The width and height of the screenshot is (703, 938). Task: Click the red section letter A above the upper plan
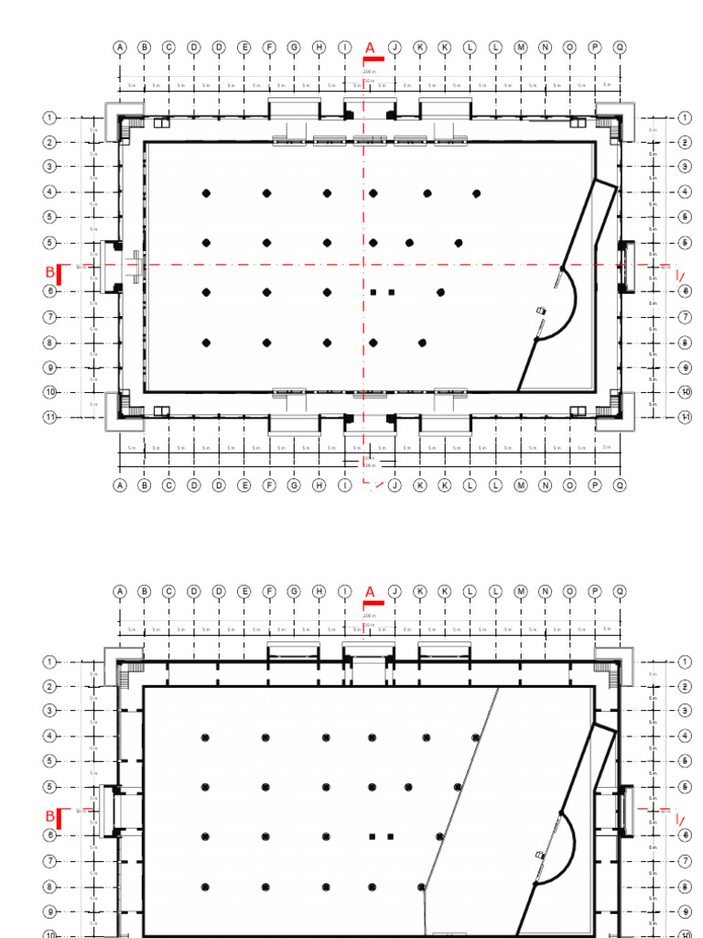pos(370,47)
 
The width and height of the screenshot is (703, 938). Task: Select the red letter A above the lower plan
pos(370,592)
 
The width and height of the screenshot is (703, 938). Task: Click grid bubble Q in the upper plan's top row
pos(620,47)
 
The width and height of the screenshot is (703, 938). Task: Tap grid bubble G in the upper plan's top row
pos(294,47)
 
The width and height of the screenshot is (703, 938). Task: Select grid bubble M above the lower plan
pos(520,592)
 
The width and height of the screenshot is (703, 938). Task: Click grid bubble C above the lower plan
pos(169,592)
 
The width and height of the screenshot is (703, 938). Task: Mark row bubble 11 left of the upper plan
pos(50,417)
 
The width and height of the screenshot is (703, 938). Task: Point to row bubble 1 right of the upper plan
pos(685,117)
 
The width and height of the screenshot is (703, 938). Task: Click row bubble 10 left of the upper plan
pos(50,392)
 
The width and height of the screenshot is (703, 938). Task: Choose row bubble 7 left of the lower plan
pos(50,861)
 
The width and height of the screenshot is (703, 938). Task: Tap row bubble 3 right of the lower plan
pos(685,710)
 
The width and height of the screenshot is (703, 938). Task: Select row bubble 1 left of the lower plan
pos(50,660)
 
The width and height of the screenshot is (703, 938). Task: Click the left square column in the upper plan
pos(373,292)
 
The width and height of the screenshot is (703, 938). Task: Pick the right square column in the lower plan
pos(391,836)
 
